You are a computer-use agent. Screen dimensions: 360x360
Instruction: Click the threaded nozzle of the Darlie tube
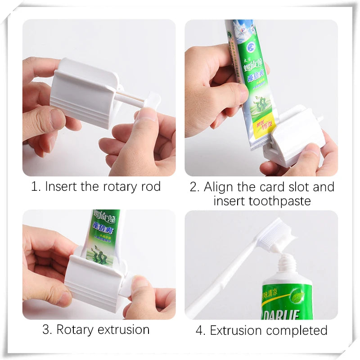(287, 263)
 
